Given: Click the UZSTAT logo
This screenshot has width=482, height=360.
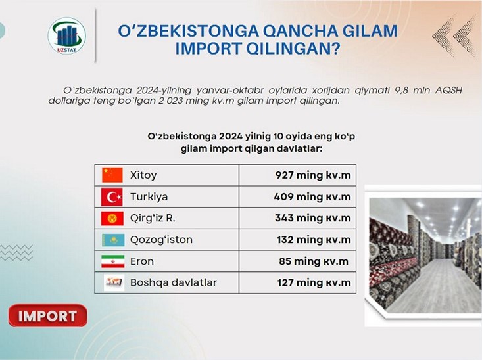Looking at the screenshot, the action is (x=66, y=35).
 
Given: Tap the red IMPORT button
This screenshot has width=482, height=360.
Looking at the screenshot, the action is (x=47, y=315).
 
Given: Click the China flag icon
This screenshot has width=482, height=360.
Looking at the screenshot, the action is (x=112, y=175).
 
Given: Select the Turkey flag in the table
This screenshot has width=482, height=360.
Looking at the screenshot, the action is (x=112, y=197).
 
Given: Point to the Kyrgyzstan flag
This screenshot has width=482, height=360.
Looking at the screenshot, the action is (x=112, y=218).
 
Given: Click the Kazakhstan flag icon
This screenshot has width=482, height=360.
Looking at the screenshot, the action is (x=113, y=240).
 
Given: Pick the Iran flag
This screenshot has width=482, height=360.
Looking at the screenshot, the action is (x=113, y=261).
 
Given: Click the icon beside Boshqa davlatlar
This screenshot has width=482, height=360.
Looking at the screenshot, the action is (x=114, y=282).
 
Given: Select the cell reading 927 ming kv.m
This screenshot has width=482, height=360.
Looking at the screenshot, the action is (x=313, y=175).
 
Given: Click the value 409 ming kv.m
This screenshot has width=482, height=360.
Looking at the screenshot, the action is (x=312, y=196).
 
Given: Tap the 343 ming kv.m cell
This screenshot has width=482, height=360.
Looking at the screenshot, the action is (x=313, y=218).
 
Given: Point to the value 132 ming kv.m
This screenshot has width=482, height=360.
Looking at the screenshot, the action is (x=314, y=240).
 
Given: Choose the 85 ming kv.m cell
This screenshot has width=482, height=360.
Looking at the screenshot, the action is (x=314, y=261).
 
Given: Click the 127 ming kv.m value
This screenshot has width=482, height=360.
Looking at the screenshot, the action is (x=314, y=282).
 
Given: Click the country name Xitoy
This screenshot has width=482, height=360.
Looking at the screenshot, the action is (x=143, y=175).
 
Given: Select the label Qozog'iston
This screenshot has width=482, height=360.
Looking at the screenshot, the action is (x=161, y=240).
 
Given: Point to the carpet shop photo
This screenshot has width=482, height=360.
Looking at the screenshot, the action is (x=423, y=256).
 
